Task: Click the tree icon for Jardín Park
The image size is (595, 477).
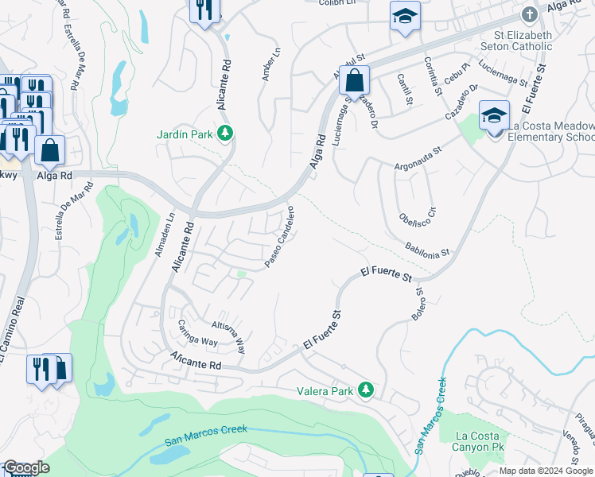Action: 226,134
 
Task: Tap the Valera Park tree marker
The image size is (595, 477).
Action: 366,390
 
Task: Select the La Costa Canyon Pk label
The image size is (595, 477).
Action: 478,443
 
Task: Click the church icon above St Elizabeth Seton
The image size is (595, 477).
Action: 529,15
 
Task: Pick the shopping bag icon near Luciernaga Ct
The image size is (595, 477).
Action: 355,79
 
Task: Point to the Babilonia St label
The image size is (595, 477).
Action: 426,250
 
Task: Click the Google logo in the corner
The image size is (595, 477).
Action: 27,467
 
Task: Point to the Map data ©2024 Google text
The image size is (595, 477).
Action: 545,470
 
